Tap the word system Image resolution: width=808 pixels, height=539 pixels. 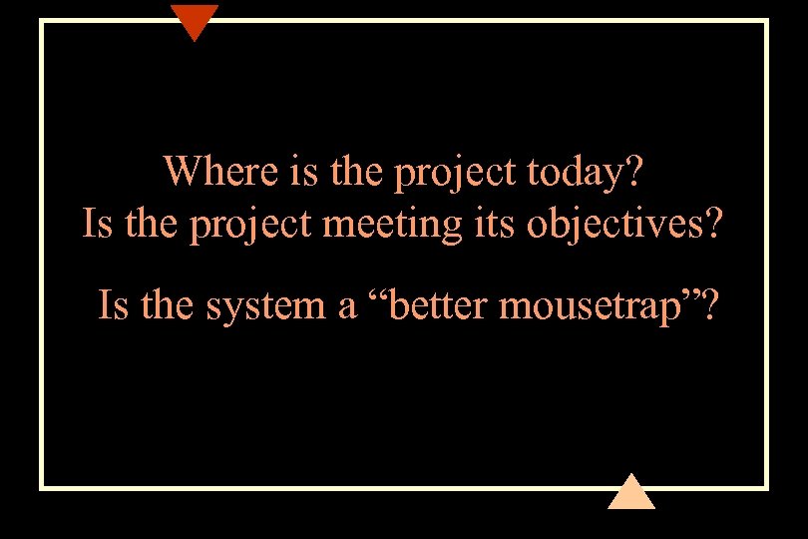pyautogui.click(x=267, y=306)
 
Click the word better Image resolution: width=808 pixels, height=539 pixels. pyautogui.click(x=436, y=306)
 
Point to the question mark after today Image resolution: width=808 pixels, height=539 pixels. pyautogui.click(x=633, y=172)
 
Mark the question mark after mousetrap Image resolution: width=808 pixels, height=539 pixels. pyautogui.click(x=708, y=306)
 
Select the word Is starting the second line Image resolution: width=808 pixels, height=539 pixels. pyautogui.click(x=96, y=225)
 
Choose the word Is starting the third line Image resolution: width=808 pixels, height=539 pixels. pyautogui.click(x=114, y=306)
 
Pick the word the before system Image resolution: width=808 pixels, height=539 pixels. pyautogui.click(x=170, y=306)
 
